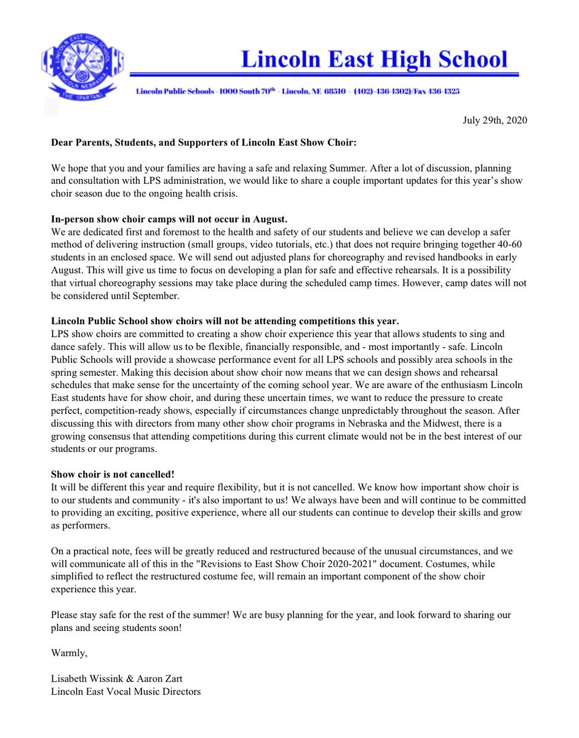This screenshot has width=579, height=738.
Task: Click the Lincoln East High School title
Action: click(x=374, y=59)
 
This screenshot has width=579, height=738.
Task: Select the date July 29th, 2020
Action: click(x=495, y=120)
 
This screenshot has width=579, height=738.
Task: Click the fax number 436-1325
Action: click(x=442, y=92)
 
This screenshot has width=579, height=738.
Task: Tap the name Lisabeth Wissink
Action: click(x=87, y=678)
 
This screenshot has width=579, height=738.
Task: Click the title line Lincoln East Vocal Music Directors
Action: click(x=126, y=691)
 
